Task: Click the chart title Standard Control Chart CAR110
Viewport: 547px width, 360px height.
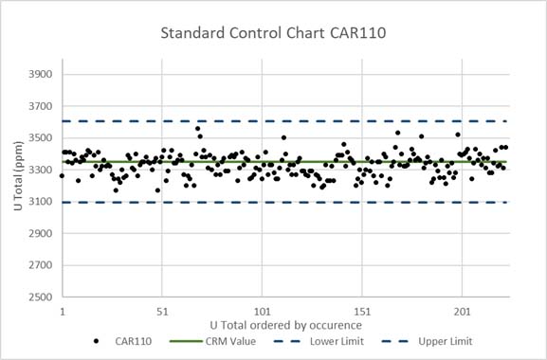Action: click(x=274, y=35)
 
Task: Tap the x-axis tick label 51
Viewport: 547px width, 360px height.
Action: click(x=162, y=311)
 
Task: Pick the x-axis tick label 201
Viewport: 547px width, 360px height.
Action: click(x=463, y=311)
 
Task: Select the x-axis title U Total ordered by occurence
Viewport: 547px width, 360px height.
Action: click(x=285, y=325)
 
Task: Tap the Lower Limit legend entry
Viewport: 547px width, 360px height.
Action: click(x=327, y=342)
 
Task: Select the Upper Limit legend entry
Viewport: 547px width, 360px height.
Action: click(x=435, y=342)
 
